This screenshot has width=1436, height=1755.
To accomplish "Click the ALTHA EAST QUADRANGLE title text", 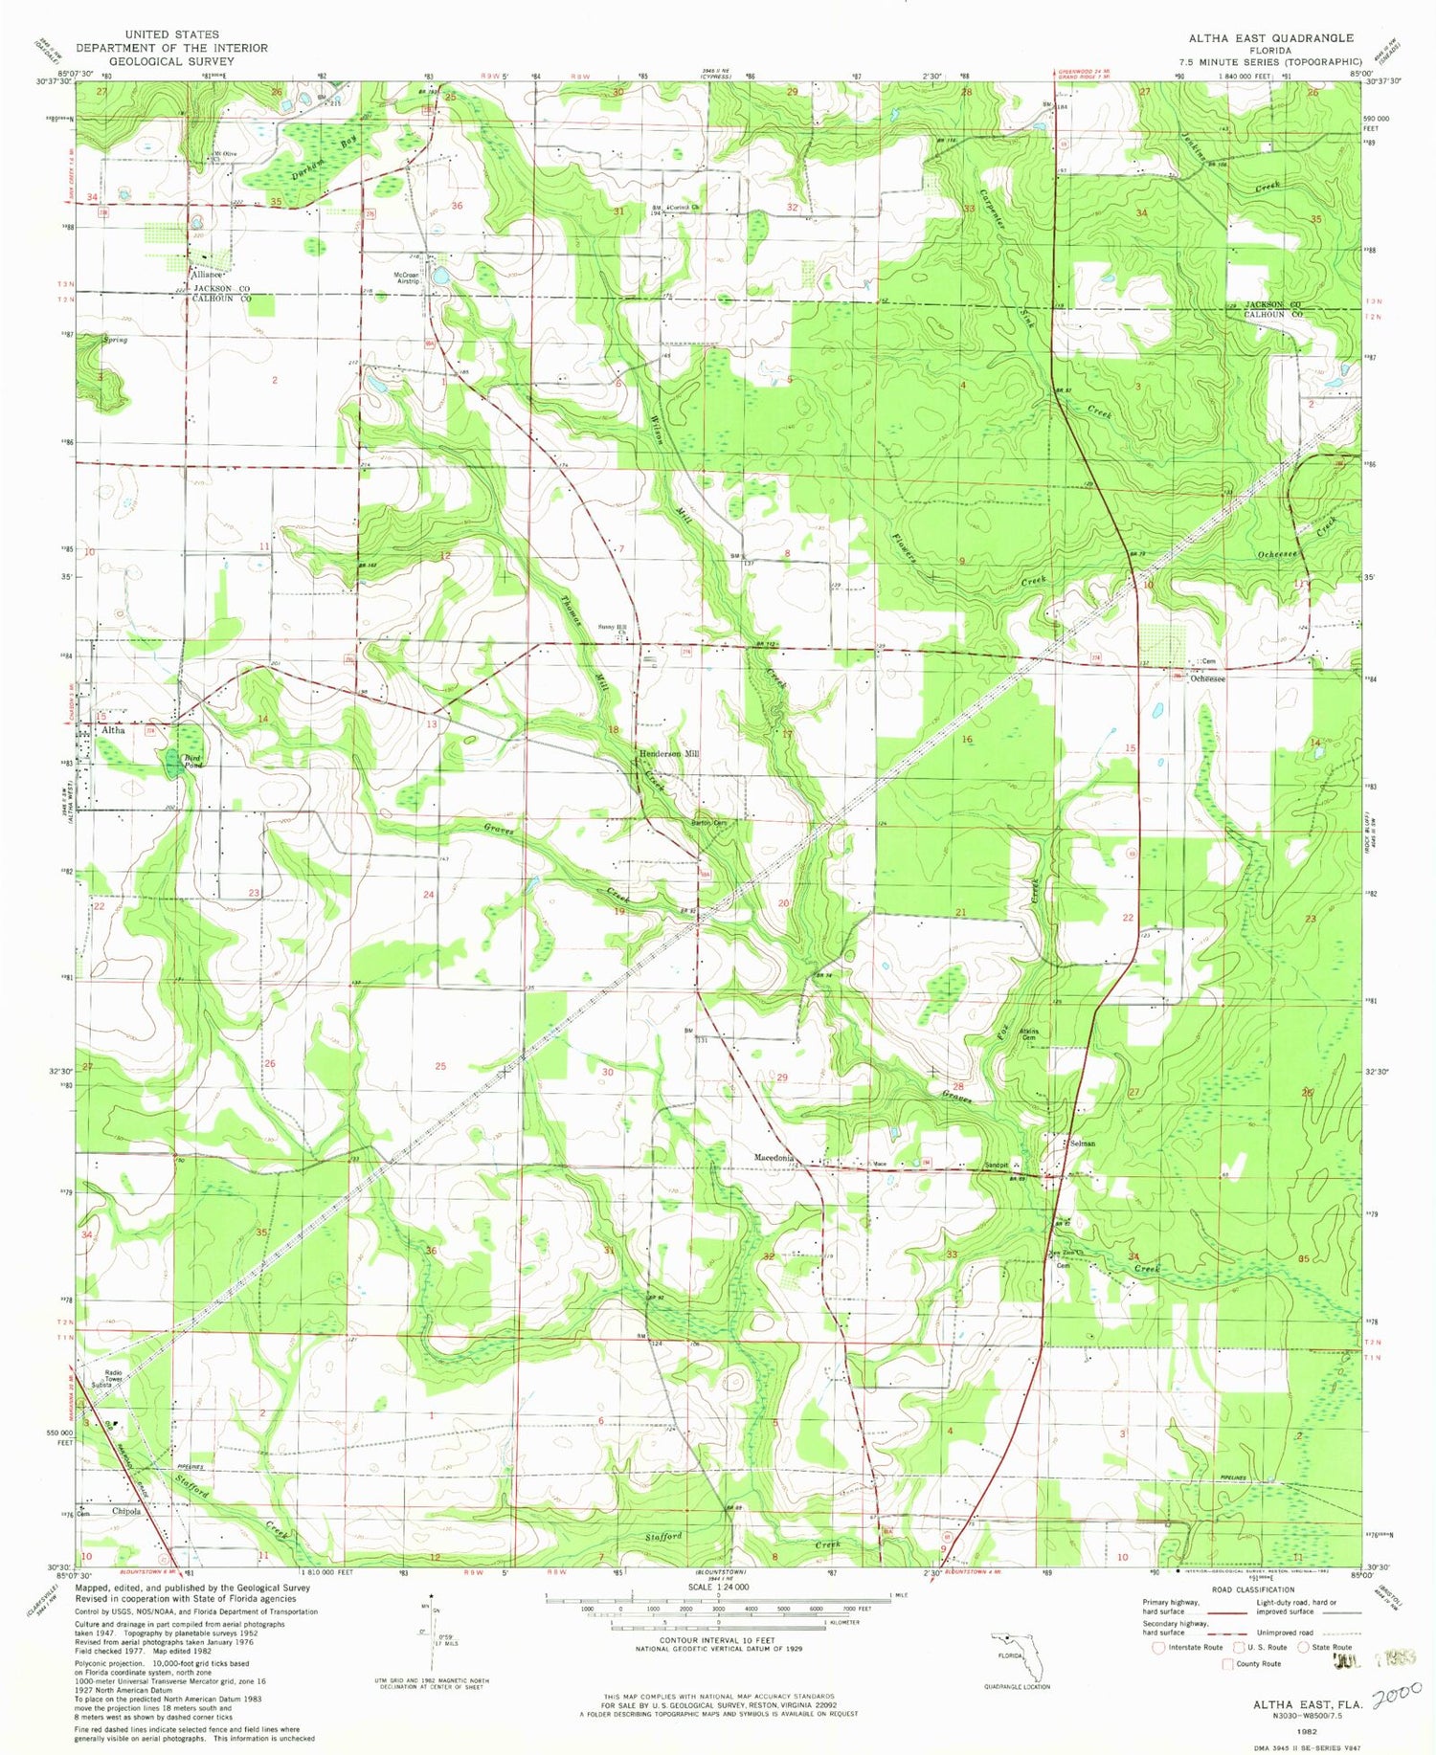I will [x=1270, y=37].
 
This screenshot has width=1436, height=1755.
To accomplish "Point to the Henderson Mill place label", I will [x=669, y=754].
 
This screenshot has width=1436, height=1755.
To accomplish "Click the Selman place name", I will [x=1082, y=1144].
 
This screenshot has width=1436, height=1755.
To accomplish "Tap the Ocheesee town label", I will [x=1208, y=678].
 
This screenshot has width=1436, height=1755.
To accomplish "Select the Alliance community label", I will [x=206, y=275].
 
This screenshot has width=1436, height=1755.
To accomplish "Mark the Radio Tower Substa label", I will [x=102, y=1380].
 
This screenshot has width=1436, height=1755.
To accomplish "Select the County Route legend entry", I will [x=1258, y=1664].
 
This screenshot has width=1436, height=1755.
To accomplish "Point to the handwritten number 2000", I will [x=1396, y=1697].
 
